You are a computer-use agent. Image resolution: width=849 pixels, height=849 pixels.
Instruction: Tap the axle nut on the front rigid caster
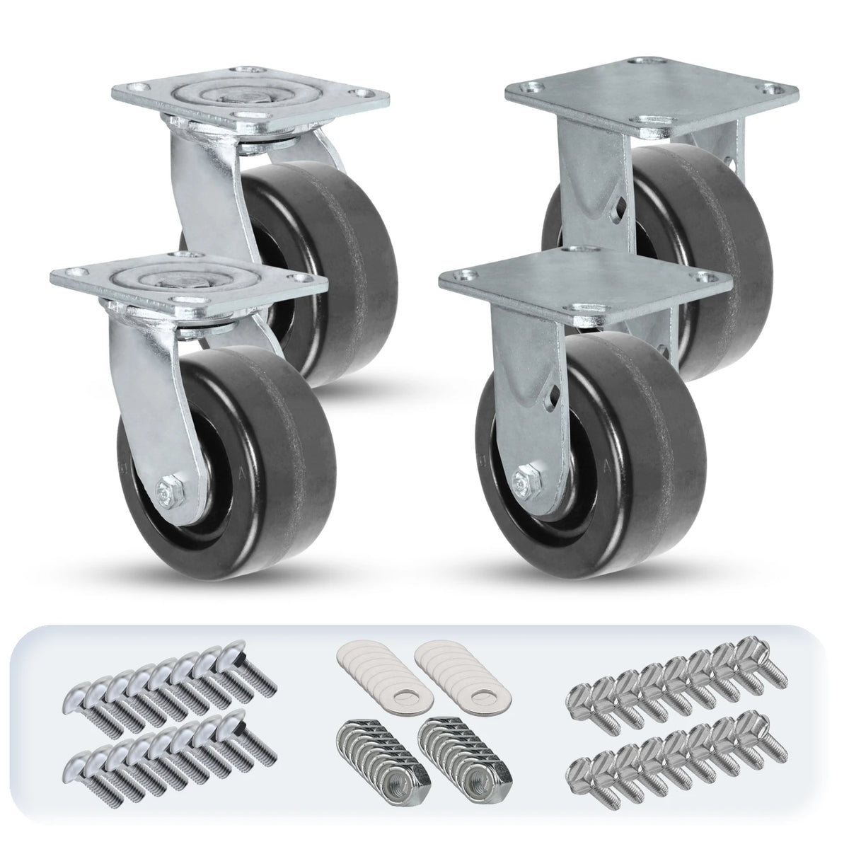coord(526,483)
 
